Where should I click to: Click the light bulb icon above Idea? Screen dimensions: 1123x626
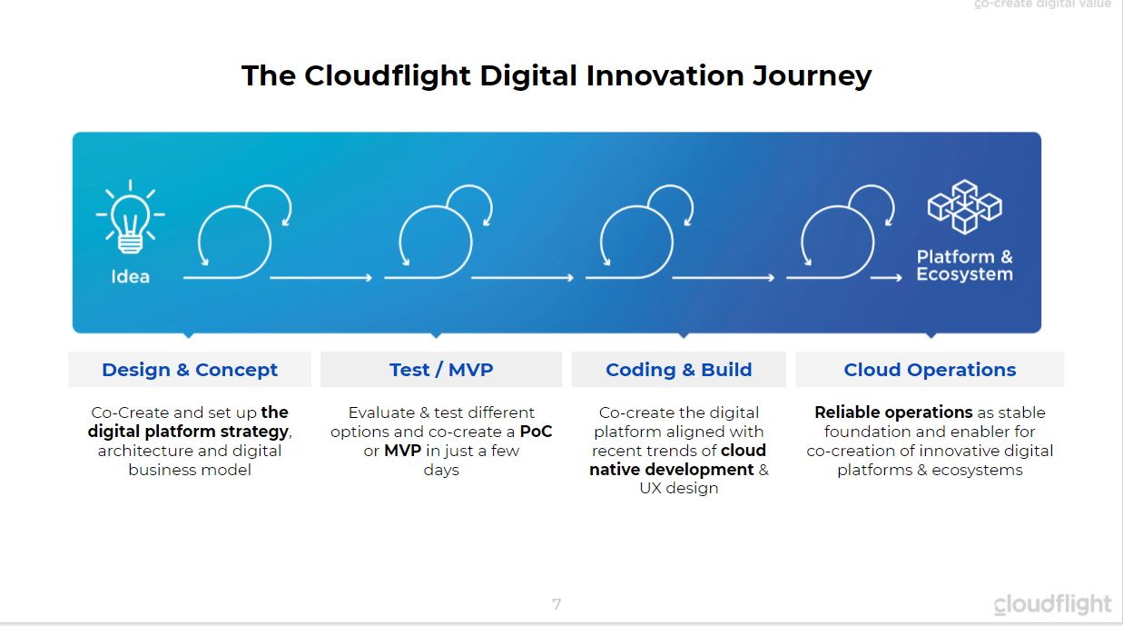131,216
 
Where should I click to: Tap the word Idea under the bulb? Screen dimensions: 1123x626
131,276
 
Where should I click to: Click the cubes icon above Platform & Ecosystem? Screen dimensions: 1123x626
964,206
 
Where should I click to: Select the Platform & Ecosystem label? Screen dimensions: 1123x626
964,265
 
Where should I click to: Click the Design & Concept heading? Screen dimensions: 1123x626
190,370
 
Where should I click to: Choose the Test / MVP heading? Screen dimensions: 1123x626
441,370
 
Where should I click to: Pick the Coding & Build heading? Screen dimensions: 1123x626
679,370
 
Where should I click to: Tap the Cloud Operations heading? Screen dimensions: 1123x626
930,370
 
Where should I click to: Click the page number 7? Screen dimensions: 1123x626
557,604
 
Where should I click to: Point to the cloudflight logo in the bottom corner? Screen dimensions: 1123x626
1052,604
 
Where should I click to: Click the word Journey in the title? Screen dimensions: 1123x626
813,76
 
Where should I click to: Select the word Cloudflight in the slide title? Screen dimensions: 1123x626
388,75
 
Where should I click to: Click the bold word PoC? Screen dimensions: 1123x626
536,432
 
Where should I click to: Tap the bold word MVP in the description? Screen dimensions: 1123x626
402,451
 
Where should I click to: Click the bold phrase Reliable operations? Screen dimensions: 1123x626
893,412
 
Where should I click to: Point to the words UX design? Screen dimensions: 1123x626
679,488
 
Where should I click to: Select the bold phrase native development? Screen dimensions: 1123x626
671,470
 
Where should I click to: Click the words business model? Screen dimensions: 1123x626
190,470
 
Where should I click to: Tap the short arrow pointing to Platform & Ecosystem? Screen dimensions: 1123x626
886,277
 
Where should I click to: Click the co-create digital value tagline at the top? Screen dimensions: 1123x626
1043,4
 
